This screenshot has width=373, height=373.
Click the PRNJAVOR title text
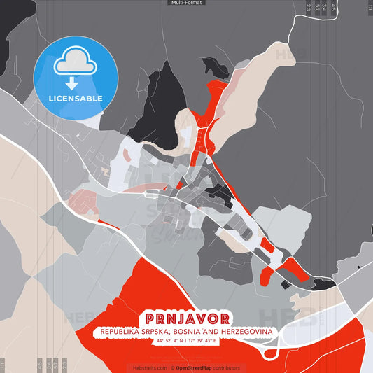[x=185, y=318]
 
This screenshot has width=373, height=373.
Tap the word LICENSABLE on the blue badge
[x=76, y=98]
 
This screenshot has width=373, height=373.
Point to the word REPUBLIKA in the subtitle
[x=116, y=330]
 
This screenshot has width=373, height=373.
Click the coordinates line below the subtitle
[x=187, y=340]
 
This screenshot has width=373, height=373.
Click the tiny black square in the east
[x=358, y=267]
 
